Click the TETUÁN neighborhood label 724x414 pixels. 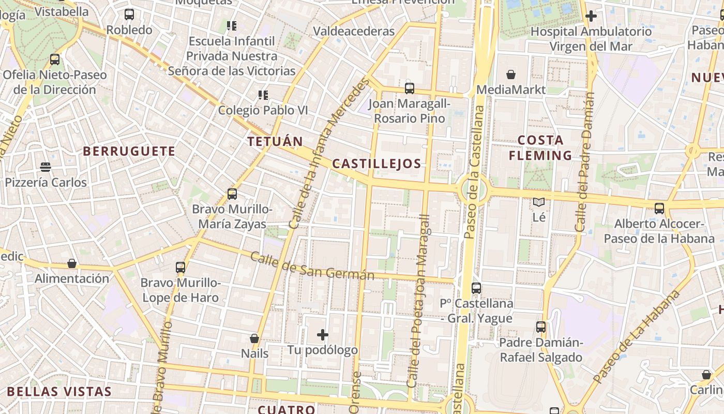point(275,141)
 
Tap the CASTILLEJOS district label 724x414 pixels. point(376,164)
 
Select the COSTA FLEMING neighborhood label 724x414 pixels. point(540,148)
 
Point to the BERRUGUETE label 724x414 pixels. point(129,151)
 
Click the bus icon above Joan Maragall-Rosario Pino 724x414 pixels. point(410,88)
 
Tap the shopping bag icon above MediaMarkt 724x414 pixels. point(511,75)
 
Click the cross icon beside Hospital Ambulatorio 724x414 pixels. point(591,16)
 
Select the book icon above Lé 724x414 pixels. point(539,202)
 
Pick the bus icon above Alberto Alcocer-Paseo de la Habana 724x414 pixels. point(659,209)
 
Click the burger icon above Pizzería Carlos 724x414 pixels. point(46,167)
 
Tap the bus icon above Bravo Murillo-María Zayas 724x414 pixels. point(232,194)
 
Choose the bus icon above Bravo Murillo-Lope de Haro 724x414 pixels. point(180,268)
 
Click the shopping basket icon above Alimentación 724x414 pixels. point(72,264)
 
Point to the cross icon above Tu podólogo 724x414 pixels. point(323,335)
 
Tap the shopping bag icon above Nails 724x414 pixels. point(254,338)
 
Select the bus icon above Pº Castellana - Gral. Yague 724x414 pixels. point(476,288)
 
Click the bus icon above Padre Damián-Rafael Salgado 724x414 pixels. point(541,327)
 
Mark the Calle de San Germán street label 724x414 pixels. point(312,266)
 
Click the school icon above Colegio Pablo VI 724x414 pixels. point(263,95)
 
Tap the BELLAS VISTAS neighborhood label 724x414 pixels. point(59,391)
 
